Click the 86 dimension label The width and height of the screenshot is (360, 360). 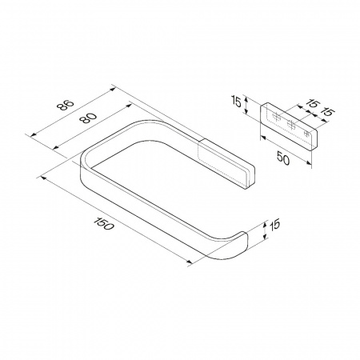[65, 105]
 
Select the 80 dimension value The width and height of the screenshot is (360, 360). [87, 118]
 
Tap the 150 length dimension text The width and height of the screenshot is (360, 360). [104, 224]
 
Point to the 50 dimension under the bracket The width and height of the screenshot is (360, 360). [283, 158]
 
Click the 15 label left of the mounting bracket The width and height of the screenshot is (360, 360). [236, 102]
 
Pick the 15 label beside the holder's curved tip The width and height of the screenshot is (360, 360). [275, 224]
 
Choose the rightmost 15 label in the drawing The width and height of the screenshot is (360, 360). [326, 112]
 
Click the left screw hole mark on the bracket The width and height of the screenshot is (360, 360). [276, 117]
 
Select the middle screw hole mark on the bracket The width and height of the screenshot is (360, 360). [291, 124]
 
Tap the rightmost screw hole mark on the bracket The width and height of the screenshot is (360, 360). [306, 133]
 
